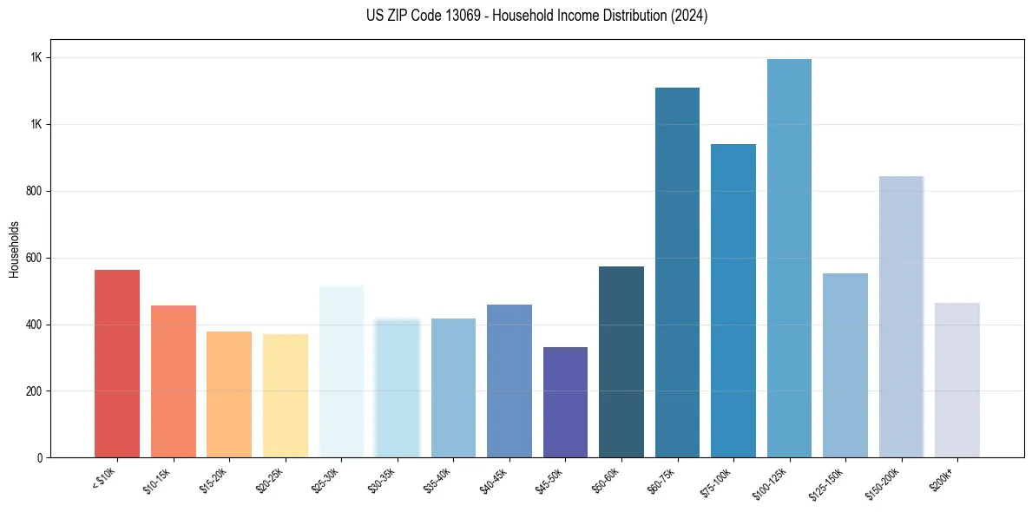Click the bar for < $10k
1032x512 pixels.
click(x=117, y=364)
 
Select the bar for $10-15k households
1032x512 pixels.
click(x=173, y=382)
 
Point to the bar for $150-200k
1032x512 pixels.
click(x=901, y=317)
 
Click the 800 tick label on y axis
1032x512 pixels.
click(x=34, y=191)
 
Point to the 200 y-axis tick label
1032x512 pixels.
click(x=34, y=391)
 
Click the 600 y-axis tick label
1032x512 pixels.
click(x=34, y=258)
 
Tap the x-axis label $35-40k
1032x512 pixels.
click(x=444, y=480)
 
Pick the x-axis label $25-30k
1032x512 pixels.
click(x=332, y=480)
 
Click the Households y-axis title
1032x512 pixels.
click(x=14, y=249)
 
